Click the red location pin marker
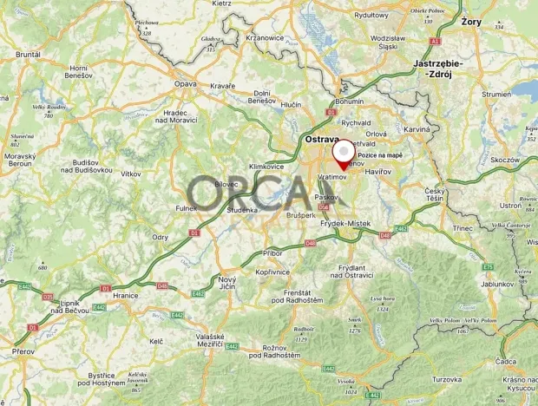(x=344, y=152)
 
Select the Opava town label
(x=186, y=84)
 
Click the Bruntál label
(x=29, y=54)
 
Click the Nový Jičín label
(x=227, y=284)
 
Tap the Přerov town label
(x=23, y=351)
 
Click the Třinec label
(x=463, y=228)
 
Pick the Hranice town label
(x=126, y=295)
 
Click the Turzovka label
(x=448, y=379)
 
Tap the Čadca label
(x=508, y=361)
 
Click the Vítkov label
(x=131, y=174)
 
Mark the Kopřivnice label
(x=272, y=272)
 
